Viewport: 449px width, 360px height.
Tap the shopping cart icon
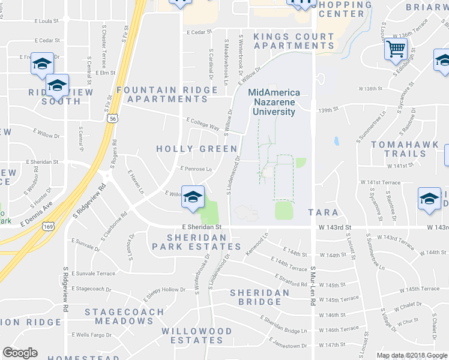[396, 49]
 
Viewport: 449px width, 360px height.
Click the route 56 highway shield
[113, 119]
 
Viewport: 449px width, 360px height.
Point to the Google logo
[20, 353]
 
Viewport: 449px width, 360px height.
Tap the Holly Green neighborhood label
[196, 148]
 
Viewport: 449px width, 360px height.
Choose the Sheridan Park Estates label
[196, 242]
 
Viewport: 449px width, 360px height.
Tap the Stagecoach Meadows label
[124, 316]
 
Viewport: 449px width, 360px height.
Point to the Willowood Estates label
[197, 335]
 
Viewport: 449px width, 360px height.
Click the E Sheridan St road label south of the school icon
[202, 227]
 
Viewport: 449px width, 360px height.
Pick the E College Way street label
[203, 123]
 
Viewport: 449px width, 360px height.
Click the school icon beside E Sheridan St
[193, 197]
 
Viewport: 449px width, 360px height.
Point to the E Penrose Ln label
[196, 169]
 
